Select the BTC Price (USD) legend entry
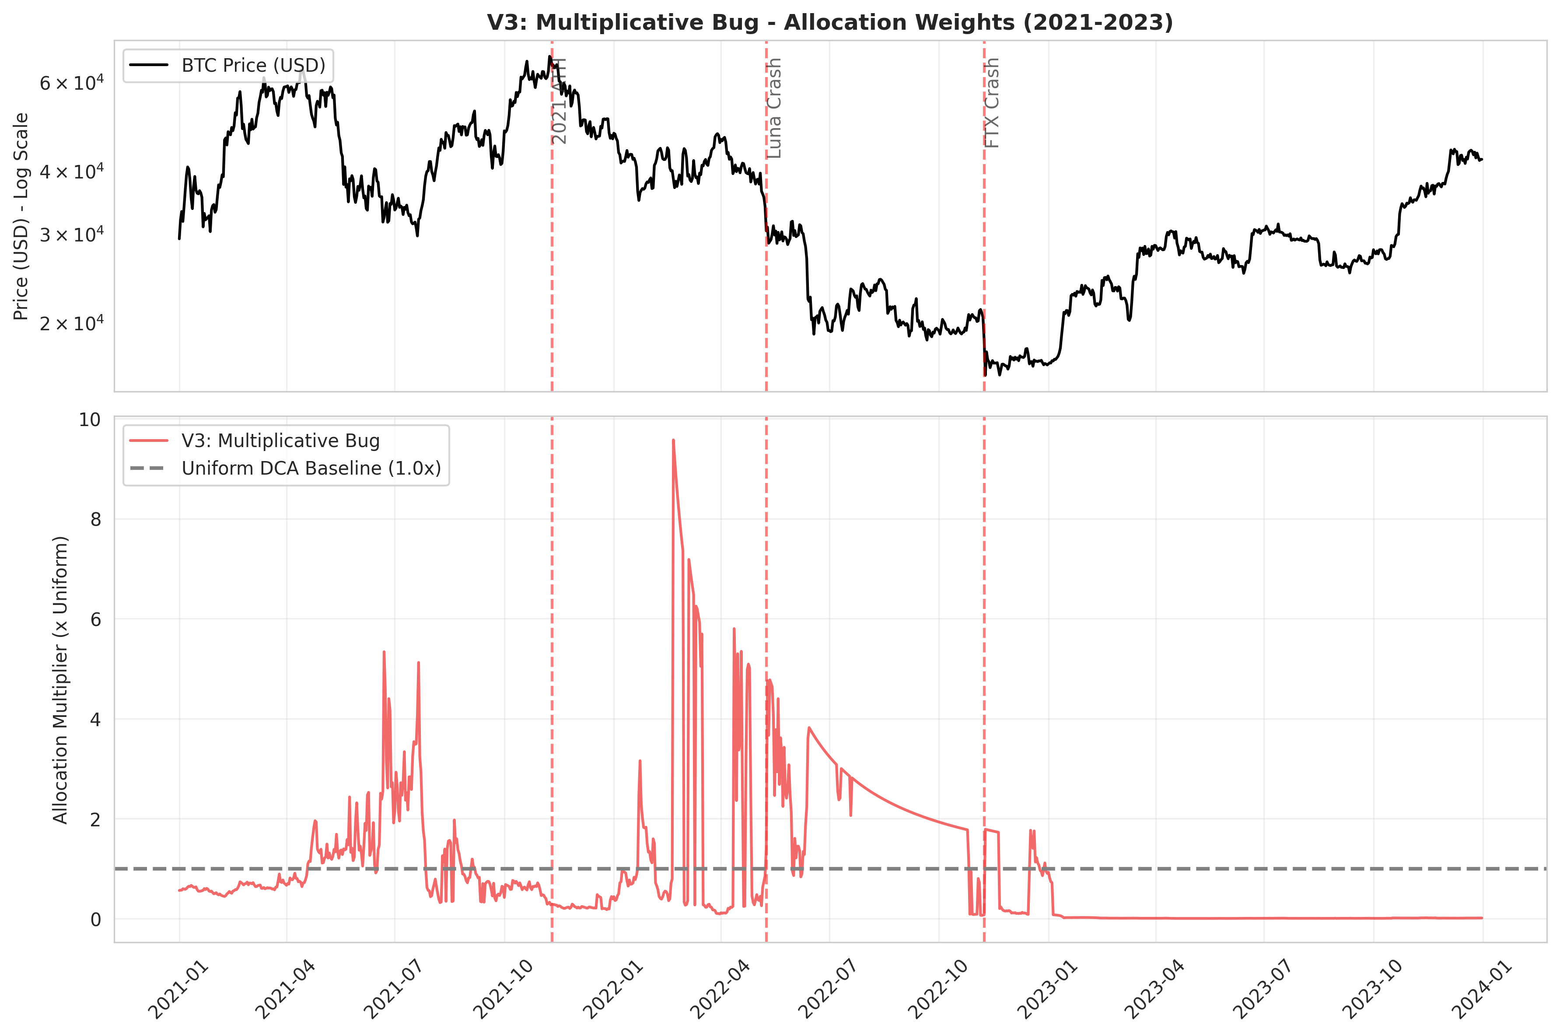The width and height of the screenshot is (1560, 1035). click(x=253, y=65)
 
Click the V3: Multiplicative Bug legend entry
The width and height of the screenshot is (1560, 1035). click(x=280, y=441)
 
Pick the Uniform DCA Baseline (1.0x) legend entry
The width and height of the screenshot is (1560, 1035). click(x=311, y=469)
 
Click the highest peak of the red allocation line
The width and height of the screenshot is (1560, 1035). click(x=673, y=440)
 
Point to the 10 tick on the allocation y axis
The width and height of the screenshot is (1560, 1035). click(x=91, y=420)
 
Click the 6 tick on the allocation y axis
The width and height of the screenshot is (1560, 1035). click(x=96, y=619)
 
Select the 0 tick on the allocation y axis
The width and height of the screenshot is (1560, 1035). click(x=96, y=919)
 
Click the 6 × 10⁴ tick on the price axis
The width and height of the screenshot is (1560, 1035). click(x=71, y=83)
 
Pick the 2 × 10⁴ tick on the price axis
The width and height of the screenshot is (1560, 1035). click(x=71, y=323)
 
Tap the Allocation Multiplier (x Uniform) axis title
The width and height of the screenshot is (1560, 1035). click(x=61, y=679)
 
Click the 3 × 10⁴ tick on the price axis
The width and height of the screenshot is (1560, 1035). click(x=71, y=234)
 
